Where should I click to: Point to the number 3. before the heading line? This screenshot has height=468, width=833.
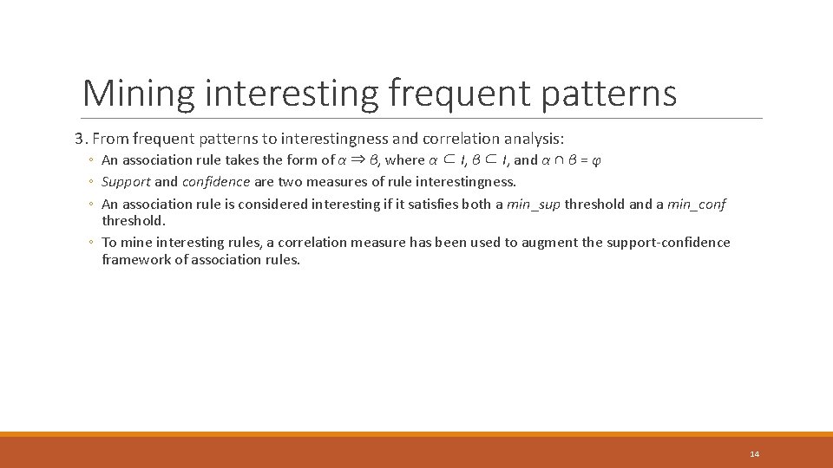click(x=80, y=139)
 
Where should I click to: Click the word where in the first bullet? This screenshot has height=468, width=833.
click(x=405, y=160)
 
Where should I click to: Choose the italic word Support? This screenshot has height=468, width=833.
click(x=127, y=182)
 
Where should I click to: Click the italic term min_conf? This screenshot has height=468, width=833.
click(x=697, y=205)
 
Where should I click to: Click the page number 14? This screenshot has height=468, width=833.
click(x=754, y=454)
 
